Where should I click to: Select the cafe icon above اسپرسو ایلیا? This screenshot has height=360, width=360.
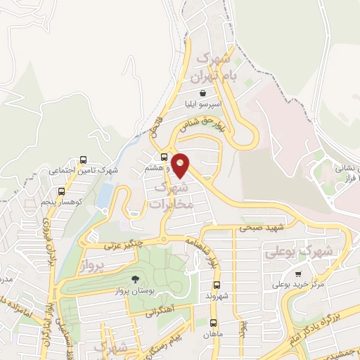click(x=202, y=93)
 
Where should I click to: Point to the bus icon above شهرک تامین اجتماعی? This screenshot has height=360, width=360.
click(x=84, y=160)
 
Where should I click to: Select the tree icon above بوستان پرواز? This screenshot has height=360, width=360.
click(x=134, y=279)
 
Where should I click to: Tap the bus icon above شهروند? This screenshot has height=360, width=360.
click(x=216, y=286)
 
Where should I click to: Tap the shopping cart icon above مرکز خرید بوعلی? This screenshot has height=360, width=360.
click(x=298, y=274)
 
